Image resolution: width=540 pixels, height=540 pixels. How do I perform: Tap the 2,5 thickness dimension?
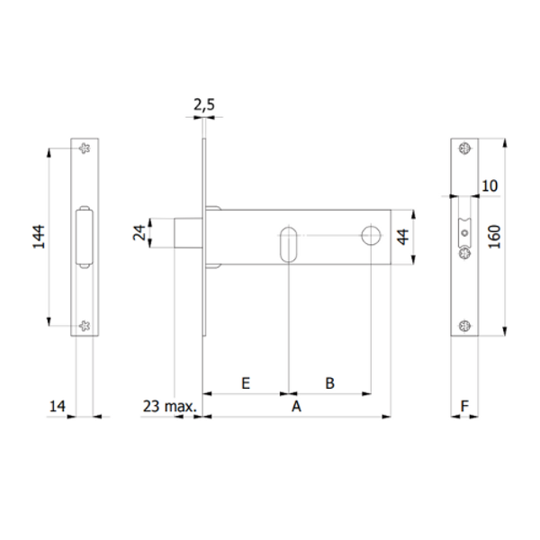(204, 105)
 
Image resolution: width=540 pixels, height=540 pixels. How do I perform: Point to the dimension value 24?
(139, 232)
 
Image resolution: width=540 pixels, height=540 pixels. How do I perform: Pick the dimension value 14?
(56, 408)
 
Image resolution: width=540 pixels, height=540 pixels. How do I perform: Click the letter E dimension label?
(246, 382)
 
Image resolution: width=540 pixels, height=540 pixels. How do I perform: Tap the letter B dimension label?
(329, 382)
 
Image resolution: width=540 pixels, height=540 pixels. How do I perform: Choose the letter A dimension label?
(294, 407)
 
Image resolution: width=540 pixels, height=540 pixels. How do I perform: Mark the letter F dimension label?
(464, 407)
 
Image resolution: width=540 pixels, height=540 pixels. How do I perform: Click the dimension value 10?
(490, 185)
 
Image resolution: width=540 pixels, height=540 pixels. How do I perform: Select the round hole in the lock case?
(371, 237)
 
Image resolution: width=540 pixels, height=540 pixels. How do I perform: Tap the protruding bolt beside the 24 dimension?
(187, 231)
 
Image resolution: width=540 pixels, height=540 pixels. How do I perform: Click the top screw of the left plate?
(84, 148)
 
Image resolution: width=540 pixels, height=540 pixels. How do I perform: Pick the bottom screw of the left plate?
(84, 326)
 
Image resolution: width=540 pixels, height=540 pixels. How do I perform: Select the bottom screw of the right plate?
(463, 326)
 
